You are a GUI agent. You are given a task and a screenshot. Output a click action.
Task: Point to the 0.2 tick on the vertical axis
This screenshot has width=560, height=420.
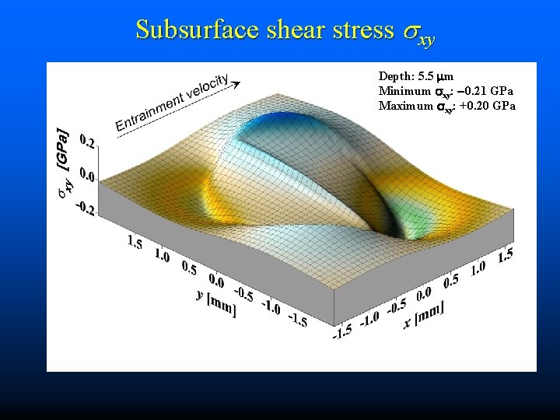pos(87,142)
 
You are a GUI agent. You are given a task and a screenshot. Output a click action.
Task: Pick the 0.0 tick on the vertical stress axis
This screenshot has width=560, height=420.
pos(88,177)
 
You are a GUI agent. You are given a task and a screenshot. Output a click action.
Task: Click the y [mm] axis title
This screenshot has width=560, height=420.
pos(219,301)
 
